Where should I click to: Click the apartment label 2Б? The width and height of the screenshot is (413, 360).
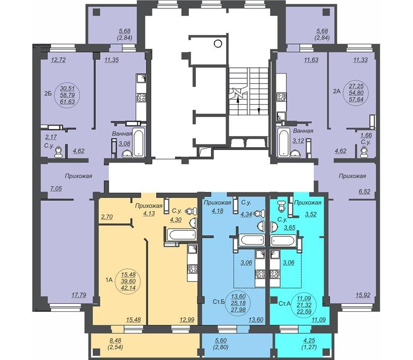(x=48, y=94)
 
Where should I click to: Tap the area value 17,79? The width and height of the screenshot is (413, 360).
(x=79, y=295)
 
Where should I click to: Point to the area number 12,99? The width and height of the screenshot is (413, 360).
(x=187, y=320)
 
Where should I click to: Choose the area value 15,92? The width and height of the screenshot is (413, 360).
(x=362, y=295)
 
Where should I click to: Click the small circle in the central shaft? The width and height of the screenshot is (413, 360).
(x=218, y=43)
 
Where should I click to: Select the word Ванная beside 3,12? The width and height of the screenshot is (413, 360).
(x=303, y=131)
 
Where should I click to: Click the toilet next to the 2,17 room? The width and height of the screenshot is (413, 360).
(x=58, y=152)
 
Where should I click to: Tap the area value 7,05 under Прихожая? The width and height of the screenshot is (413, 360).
(x=56, y=188)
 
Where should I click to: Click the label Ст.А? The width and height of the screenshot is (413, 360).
(x=285, y=304)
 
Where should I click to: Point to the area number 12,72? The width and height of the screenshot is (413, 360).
(x=58, y=60)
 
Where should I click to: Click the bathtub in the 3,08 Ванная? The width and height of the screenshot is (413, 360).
(x=138, y=142)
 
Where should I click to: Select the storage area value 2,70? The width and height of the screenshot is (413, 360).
(x=107, y=217)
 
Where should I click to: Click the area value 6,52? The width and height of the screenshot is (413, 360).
(x=364, y=192)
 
